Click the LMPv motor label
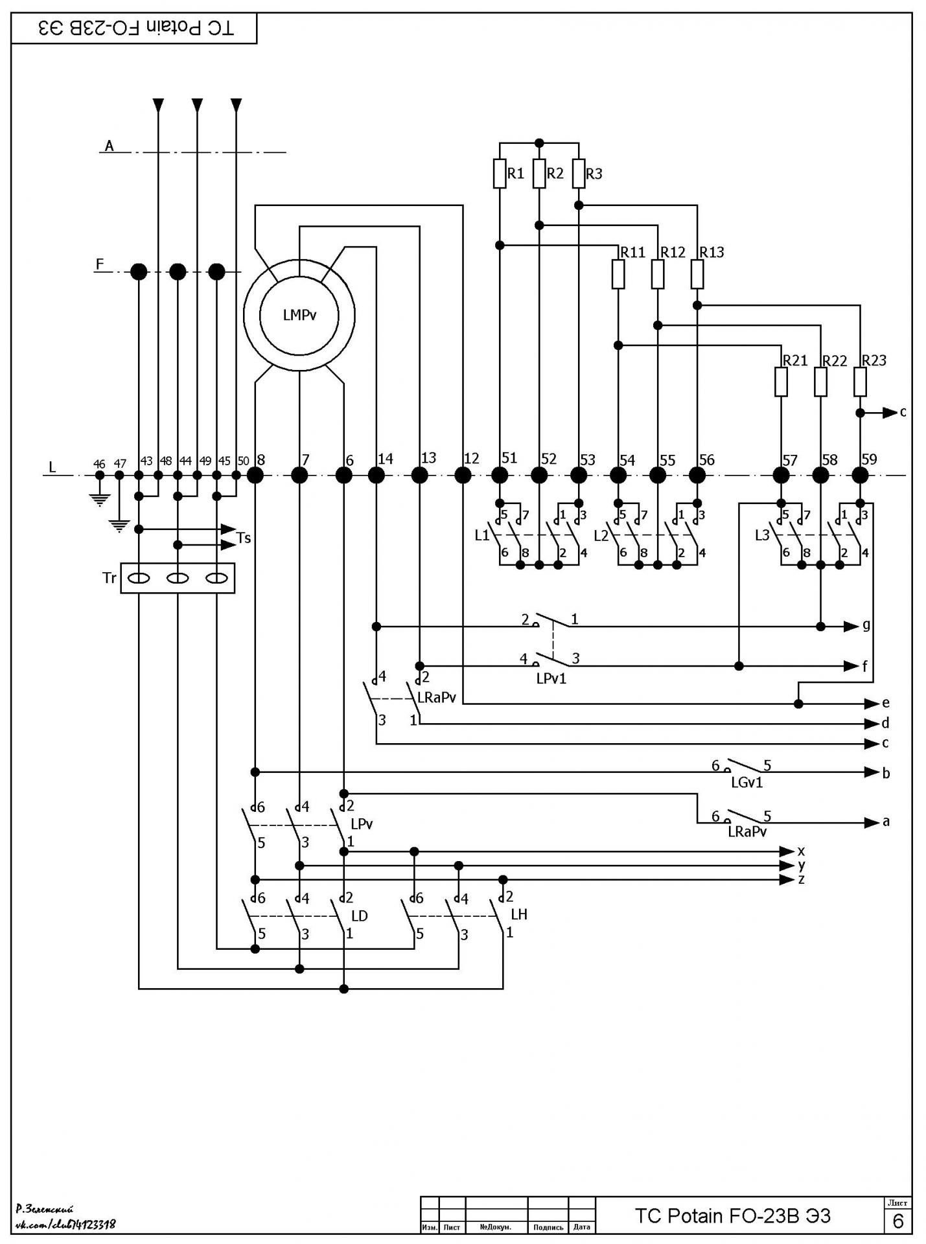300,316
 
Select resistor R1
500,174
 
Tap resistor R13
697,274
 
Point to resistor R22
821,382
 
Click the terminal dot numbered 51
500,476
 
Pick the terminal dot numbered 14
376,476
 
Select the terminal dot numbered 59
860,476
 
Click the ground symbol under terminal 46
99,500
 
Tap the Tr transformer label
109,577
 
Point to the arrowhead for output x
787,851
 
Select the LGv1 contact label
747,782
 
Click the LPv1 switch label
551,678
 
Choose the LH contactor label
519,914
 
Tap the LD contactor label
359,916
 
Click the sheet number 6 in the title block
898,1221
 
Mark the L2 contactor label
601,536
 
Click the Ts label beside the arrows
244,538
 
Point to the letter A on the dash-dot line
110,146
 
